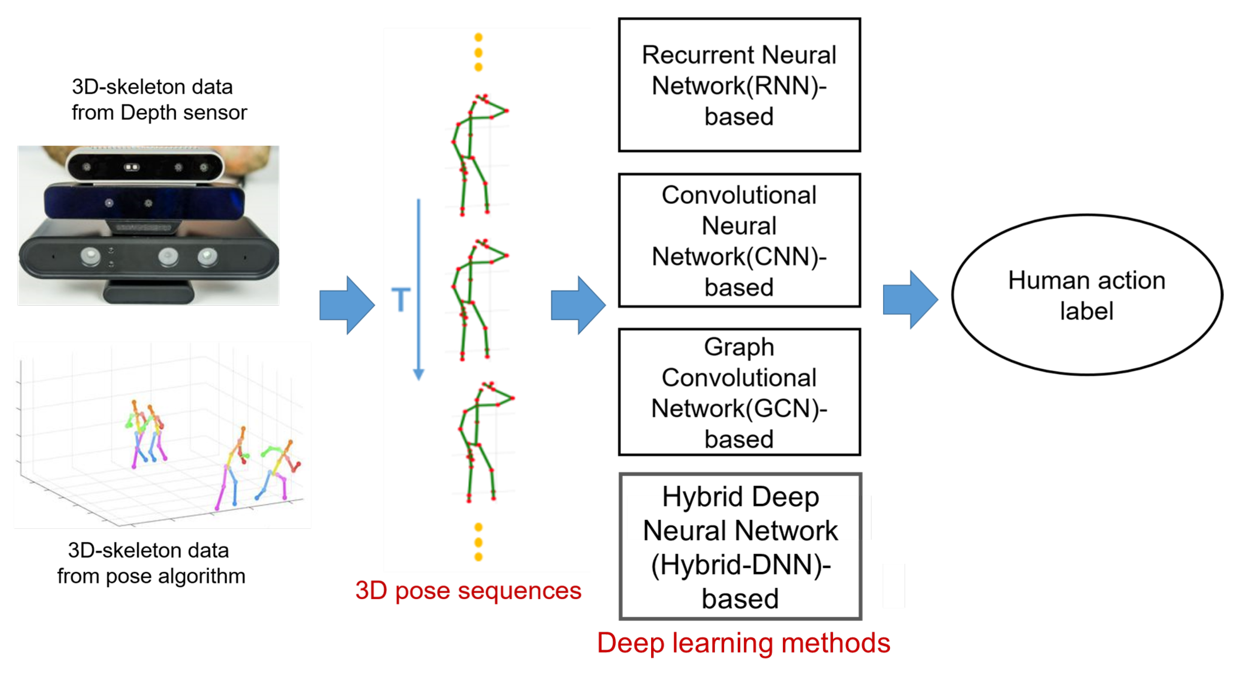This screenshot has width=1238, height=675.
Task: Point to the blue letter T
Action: pos(401,300)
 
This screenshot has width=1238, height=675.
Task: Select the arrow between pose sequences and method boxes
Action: pos(578,305)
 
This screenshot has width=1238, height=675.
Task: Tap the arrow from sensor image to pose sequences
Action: pos(347,305)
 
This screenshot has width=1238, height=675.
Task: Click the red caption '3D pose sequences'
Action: pos(468,590)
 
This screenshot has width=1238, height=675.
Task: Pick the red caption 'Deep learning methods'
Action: pos(743,643)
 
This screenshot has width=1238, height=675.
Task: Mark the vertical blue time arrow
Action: pos(419,290)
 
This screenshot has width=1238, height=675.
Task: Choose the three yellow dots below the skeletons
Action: pos(478,542)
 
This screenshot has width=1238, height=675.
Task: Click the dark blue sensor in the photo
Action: pos(144,203)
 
